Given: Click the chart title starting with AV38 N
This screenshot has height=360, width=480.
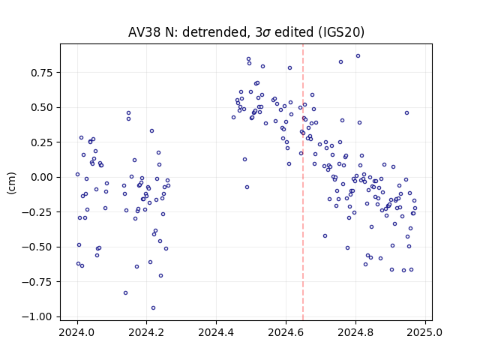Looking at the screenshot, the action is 246,32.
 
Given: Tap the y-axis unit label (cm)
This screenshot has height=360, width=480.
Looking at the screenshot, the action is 11,183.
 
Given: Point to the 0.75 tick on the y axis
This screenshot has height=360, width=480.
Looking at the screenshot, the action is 42,73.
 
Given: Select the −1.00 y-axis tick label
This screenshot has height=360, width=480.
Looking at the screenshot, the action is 37,316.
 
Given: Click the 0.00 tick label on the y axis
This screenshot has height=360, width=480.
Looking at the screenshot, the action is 42,178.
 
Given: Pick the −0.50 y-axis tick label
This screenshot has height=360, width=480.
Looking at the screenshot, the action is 37,247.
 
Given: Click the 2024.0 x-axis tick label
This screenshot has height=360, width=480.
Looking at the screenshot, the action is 77,332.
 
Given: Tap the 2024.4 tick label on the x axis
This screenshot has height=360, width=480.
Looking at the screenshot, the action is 217,332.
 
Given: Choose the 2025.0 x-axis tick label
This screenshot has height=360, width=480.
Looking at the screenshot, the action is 425,332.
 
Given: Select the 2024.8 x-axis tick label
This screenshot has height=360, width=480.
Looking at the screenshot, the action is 355,332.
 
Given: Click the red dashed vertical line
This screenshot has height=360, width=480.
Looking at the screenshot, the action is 303,182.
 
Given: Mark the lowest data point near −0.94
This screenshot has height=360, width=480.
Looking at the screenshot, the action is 153,308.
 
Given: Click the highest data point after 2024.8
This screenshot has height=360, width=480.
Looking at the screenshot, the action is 358,56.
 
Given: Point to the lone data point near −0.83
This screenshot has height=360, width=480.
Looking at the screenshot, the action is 125,293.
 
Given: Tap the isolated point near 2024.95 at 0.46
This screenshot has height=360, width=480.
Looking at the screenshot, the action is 406,113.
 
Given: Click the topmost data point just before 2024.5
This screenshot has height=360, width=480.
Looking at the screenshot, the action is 248,59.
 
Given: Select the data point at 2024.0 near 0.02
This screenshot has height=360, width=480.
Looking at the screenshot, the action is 77,175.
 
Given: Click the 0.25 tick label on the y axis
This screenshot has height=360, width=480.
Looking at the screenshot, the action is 42,142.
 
